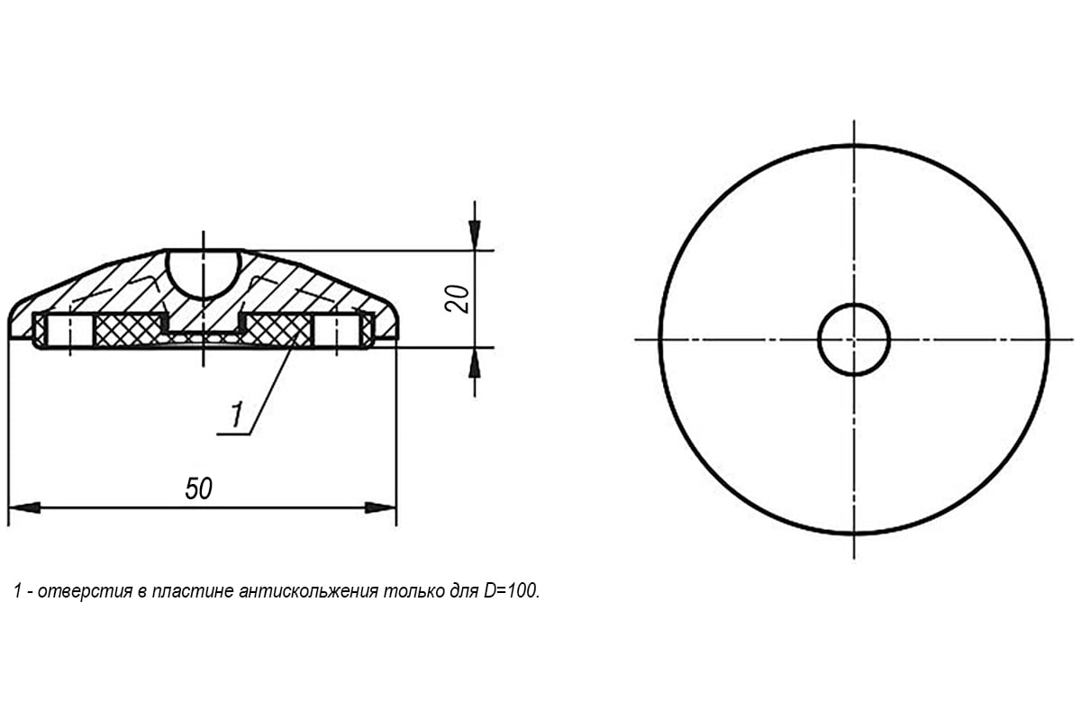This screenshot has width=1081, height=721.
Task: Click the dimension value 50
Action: pos(198,488)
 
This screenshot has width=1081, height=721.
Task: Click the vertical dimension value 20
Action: pos(457,299)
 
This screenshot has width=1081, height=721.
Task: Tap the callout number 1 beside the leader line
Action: pos(236,414)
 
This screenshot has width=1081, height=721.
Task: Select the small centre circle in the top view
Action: pos(854,340)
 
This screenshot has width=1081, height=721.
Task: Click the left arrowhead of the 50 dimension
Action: pos(24,507)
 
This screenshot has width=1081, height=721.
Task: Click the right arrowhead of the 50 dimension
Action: pos(380,507)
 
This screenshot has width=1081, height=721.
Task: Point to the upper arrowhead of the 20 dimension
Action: pos(475,234)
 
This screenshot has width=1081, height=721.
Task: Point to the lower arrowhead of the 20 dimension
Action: pos(475,363)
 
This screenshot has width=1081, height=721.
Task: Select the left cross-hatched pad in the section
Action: pos(129,331)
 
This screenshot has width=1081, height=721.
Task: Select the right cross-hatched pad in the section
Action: pos(278,331)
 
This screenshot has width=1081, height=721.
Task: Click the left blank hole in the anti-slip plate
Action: pos(70,331)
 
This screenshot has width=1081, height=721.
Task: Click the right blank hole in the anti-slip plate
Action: pos(337,331)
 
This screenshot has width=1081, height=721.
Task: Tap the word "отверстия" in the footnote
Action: pos(85,590)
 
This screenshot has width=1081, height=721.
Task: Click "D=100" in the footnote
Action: pos(512,590)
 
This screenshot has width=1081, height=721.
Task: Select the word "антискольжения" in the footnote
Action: pos(308,590)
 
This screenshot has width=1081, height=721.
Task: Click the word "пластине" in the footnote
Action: pos(193,590)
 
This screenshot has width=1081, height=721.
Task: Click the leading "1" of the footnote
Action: pos(18,590)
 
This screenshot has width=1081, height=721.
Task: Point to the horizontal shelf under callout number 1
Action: pos(233,434)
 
